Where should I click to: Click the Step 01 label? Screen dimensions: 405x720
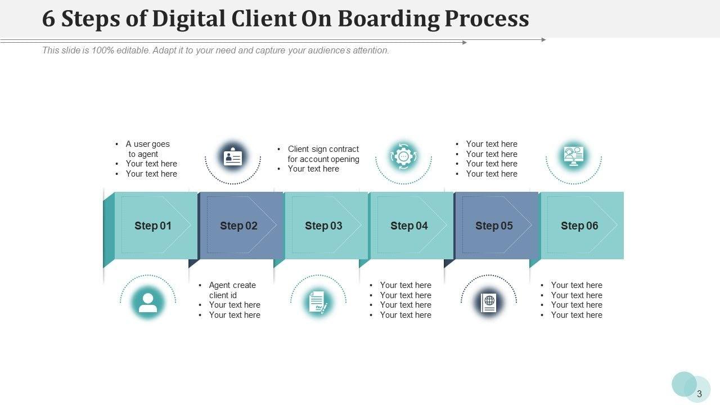pyautogui.click(x=152, y=226)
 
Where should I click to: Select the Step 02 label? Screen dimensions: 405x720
pyautogui.click(x=238, y=226)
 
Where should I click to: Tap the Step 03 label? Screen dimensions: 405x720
pyautogui.click(x=323, y=226)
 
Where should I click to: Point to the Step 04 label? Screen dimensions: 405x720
pyautogui.click(x=409, y=226)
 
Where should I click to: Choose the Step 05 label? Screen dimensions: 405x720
pyautogui.click(x=494, y=226)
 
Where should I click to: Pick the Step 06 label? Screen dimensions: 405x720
pyautogui.click(x=579, y=226)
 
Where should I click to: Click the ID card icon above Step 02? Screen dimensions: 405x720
pyautogui.click(x=233, y=157)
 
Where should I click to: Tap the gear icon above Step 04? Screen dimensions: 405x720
pyautogui.click(x=403, y=156)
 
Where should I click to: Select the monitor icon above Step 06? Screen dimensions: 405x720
pyautogui.click(x=574, y=155)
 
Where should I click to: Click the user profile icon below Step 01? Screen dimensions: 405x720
pyautogui.click(x=148, y=303)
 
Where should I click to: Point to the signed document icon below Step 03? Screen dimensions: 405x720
pyautogui.click(x=318, y=302)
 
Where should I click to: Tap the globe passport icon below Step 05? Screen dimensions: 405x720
pyautogui.click(x=489, y=303)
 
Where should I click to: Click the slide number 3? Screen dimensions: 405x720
pyautogui.click(x=699, y=394)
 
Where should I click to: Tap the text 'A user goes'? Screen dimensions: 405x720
pyautogui.click(x=147, y=144)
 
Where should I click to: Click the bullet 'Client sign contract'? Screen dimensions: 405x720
pyautogui.click(x=323, y=149)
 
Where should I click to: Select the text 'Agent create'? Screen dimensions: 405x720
pyautogui.click(x=232, y=285)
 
